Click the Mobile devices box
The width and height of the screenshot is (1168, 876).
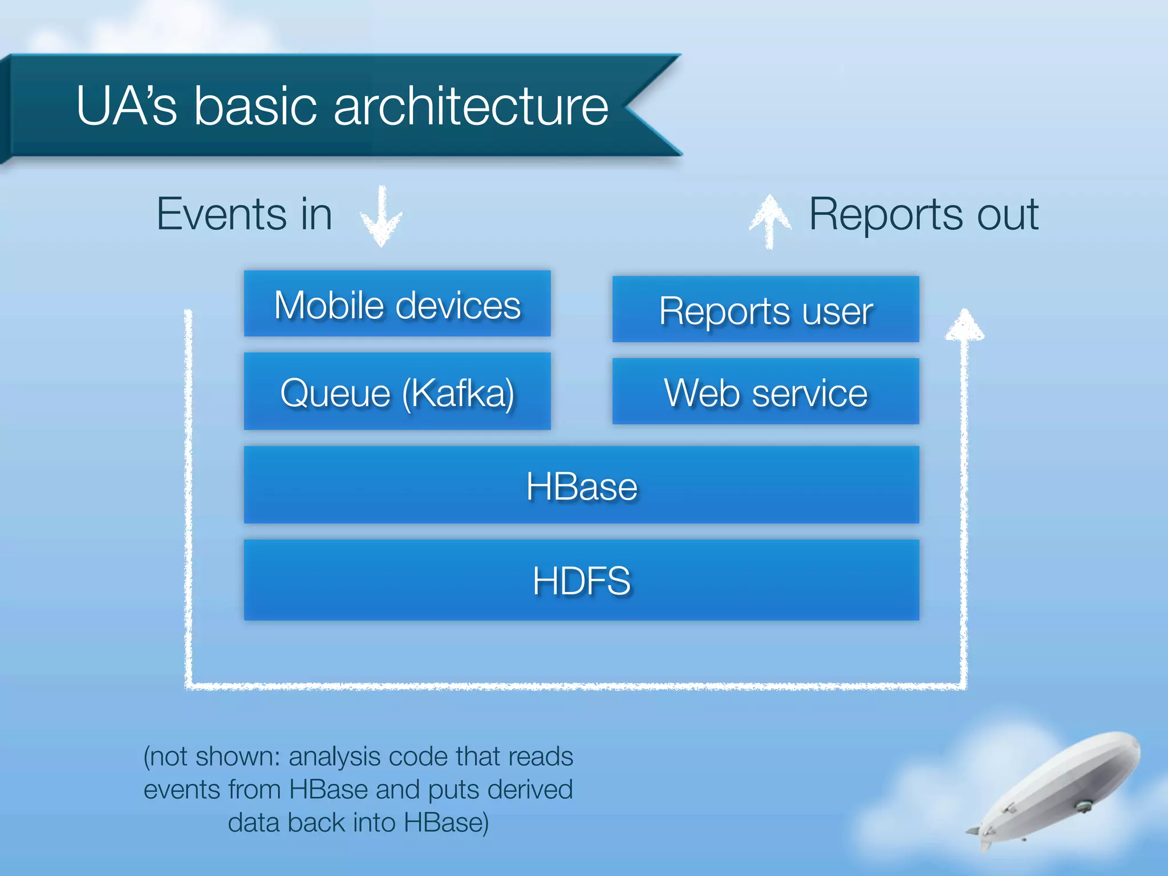click(397, 304)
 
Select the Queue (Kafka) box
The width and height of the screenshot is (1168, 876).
click(397, 392)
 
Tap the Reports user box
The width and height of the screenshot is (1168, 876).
click(765, 310)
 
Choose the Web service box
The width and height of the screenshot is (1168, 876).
click(765, 392)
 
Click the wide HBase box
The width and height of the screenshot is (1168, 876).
click(581, 485)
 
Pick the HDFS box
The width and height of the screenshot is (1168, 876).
click(581, 580)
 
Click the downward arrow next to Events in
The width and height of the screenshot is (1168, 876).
click(382, 217)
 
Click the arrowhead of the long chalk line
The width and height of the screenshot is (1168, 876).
click(964, 325)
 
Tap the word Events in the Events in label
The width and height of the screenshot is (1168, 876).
click(222, 214)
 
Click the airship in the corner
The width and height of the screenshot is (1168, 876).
click(1055, 790)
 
